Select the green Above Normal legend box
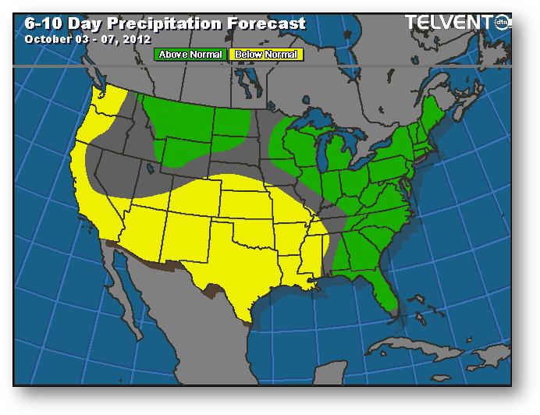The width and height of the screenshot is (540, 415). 190,55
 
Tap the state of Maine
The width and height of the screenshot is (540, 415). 439,117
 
